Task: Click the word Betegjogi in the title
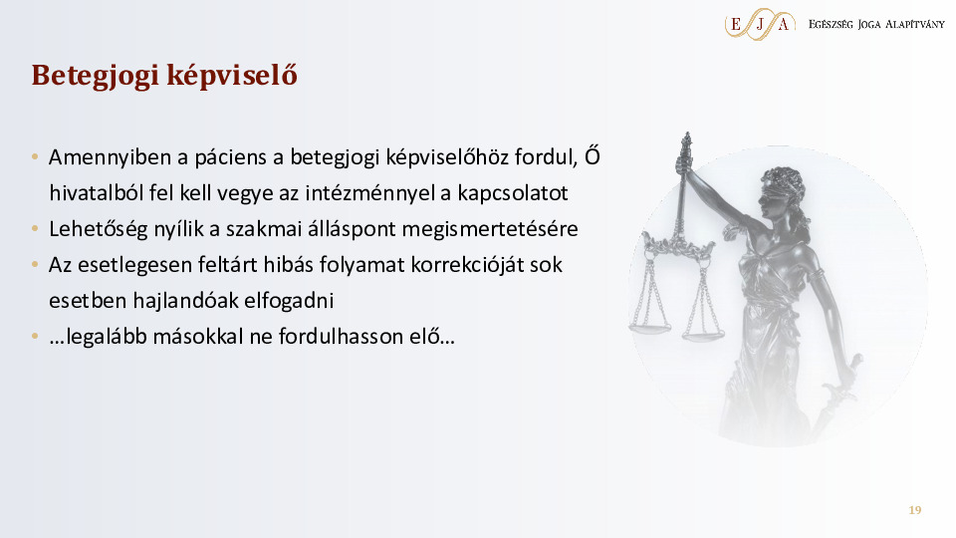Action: coord(96,77)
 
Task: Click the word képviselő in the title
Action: coord(232,77)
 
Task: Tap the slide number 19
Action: coord(914,510)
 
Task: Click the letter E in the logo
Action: coord(736,24)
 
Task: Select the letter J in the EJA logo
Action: coord(760,25)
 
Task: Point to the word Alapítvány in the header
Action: coord(914,24)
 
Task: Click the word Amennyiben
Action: coord(110,157)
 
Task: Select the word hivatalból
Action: coord(97,192)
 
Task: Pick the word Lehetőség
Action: coord(99,229)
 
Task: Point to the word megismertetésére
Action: coord(490,229)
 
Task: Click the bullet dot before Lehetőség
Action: coord(35,229)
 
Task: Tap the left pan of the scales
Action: coord(650,328)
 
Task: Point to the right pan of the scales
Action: coord(703,333)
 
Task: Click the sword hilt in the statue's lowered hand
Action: coord(844,383)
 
